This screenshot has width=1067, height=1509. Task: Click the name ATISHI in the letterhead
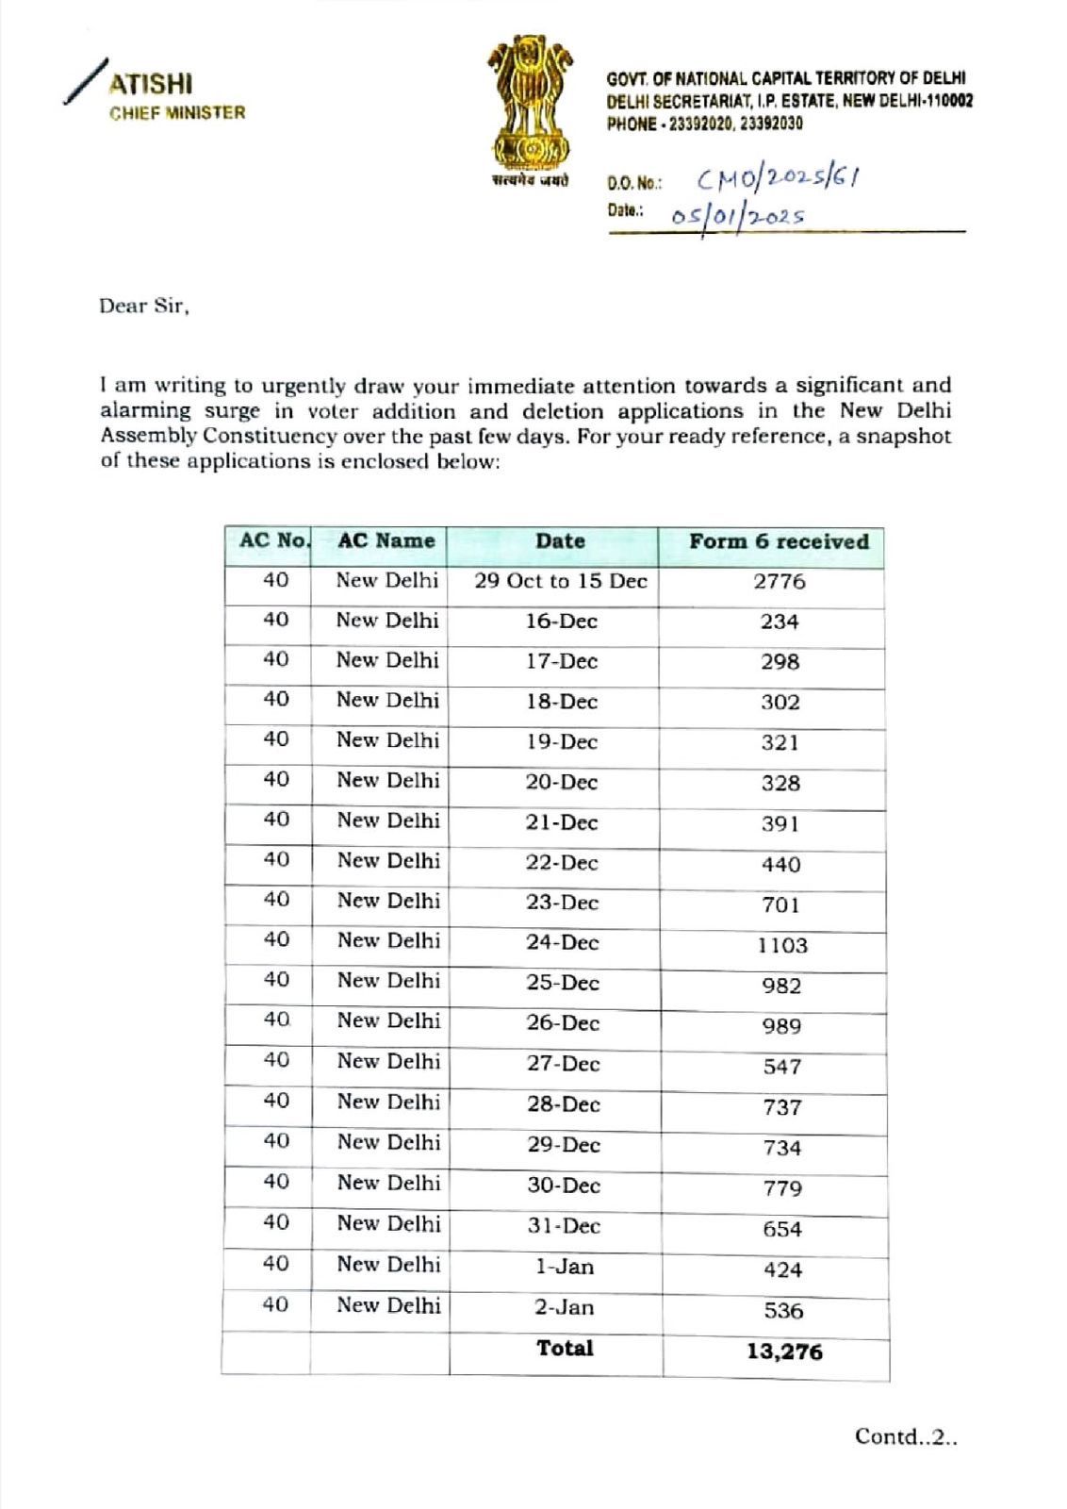[151, 84]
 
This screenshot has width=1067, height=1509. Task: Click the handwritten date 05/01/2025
[738, 215]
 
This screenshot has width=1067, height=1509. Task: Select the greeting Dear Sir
[144, 307]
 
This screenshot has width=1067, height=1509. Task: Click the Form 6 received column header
[778, 541]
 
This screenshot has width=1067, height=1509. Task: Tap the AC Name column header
[386, 541]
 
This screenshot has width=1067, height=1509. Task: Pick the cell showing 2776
[779, 582]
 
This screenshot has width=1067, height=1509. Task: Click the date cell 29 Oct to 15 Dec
[561, 581]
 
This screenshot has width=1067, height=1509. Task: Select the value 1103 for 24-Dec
[782, 945]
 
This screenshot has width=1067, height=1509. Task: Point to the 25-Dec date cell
[563, 983]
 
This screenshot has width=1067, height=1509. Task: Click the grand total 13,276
[784, 1351]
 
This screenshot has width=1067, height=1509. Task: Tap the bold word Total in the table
[565, 1348]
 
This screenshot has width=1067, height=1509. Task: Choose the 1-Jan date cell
[565, 1267]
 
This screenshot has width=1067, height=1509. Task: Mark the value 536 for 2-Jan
[783, 1310]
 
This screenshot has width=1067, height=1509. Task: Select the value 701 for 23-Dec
[780, 905]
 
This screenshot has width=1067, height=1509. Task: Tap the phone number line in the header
[705, 124]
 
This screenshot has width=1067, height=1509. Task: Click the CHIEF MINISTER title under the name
[177, 113]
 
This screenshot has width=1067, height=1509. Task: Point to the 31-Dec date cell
[564, 1226]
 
